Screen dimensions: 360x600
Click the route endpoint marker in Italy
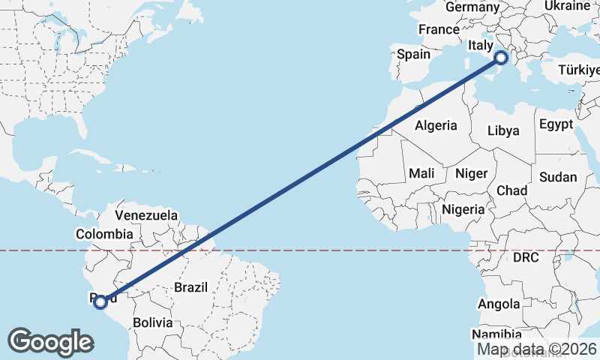(x=501, y=57)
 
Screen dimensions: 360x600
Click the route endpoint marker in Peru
(x=100, y=301)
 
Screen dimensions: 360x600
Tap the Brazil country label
(x=190, y=286)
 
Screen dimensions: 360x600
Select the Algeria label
(x=436, y=124)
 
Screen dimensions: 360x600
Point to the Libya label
(x=502, y=130)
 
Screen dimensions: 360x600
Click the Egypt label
(x=556, y=124)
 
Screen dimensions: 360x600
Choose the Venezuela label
(x=146, y=215)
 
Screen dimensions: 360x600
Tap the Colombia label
(x=103, y=234)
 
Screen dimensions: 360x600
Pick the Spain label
(x=413, y=54)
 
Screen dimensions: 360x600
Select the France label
(x=439, y=29)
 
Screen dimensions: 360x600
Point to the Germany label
(x=472, y=7)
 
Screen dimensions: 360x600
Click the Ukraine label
(x=567, y=5)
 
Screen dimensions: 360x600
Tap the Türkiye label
(x=579, y=70)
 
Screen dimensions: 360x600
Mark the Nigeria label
(x=463, y=209)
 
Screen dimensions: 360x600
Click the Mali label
(x=421, y=173)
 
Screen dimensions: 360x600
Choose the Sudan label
(x=558, y=177)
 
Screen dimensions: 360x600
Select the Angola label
(x=499, y=304)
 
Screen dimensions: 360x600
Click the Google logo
(x=50, y=342)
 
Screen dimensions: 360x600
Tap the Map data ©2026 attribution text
(x=537, y=349)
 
